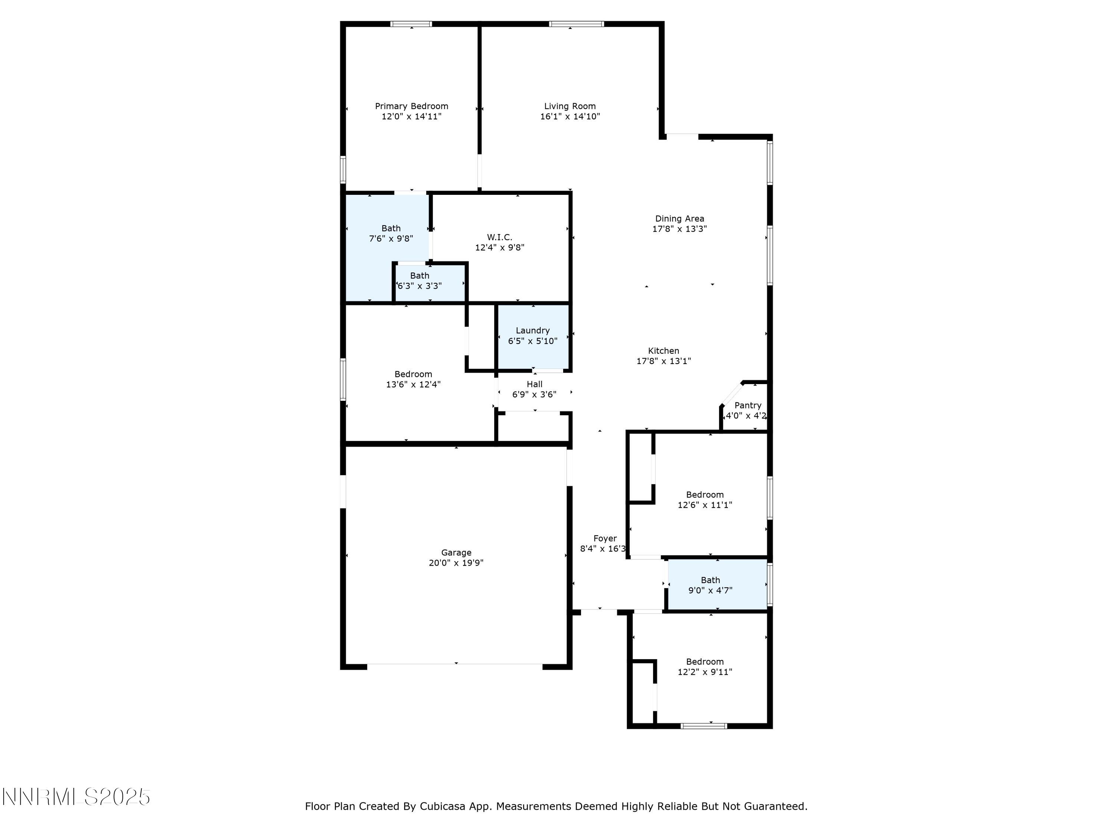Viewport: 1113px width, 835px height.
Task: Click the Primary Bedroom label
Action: pyautogui.click(x=411, y=106)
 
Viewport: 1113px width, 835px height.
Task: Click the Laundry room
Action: pyautogui.click(x=532, y=336)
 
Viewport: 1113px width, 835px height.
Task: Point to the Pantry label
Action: pyautogui.click(x=747, y=406)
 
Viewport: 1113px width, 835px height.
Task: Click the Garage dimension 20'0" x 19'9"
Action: pyautogui.click(x=456, y=563)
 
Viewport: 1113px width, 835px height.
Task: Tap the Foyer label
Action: pyautogui.click(x=604, y=538)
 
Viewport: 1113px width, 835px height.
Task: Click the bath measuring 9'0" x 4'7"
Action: pyautogui.click(x=710, y=585)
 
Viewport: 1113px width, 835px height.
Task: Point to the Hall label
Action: pyautogui.click(x=534, y=384)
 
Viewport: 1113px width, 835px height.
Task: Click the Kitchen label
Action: pyautogui.click(x=663, y=351)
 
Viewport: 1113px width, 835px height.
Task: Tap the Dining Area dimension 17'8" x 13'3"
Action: pyautogui.click(x=679, y=229)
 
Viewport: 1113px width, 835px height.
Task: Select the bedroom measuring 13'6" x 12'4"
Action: pyautogui.click(x=413, y=379)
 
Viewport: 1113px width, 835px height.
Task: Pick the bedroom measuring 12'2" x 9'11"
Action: pyautogui.click(x=705, y=667)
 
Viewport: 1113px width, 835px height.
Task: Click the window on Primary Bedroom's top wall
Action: pyautogui.click(x=411, y=24)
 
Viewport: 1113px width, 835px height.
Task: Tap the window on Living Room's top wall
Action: pyautogui.click(x=576, y=24)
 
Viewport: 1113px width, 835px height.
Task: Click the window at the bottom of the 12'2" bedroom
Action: pyautogui.click(x=703, y=726)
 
